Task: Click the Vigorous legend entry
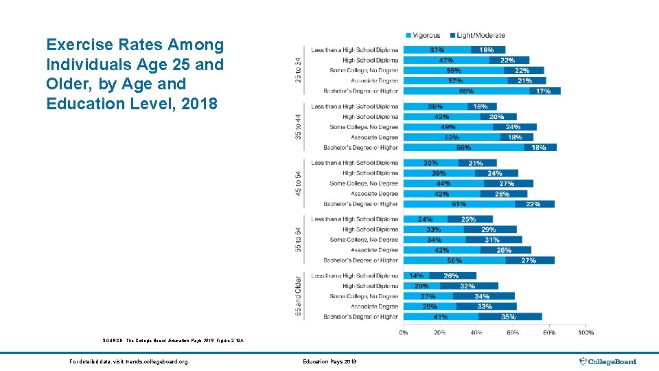pos(425,36)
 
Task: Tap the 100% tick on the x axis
pos(586,333)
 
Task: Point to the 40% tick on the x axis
pos(476,333)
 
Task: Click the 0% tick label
pos(404,333)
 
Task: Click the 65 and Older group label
pos(298,296)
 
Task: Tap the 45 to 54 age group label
pos(298,183)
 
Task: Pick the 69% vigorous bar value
pos(467,91)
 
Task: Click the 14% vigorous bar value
pos(417,276)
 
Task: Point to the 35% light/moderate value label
pos(509,317)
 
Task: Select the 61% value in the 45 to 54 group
pos(459,204)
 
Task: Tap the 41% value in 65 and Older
pos(441,317)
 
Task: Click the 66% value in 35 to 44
pos(463,148)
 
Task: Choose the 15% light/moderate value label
pos(487,50)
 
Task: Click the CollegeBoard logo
pos(608,361)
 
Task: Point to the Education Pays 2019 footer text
pos(329,361)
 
